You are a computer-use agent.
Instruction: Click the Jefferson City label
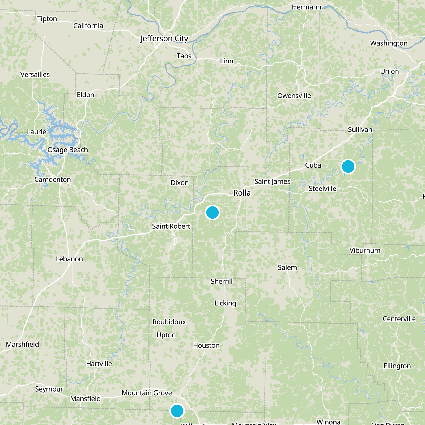pyautogui.click(x=164, y=39)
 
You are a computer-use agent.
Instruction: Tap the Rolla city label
pyautogui.click(x=242, y=193)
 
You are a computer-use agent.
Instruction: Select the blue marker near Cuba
pyautogui.click(x=348, y=167)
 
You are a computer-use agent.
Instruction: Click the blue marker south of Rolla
pyautogui.click(x=212, y=212)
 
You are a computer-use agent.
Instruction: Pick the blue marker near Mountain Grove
pyautogui.click(x=177, y=411)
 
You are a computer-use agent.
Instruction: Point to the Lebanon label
pyautogui.click(x=69, y=259)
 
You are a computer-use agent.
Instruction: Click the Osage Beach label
pyautogui.click(x=68, y=150)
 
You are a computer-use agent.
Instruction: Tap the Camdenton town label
pyautogui.click(x=53, y=180)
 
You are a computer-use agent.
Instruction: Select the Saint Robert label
pyautogui.click(x=171, y=226)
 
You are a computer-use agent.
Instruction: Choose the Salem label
pyautogui.click(x=287, y=267)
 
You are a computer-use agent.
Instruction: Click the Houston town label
pyautogui.click(x=206, y=345)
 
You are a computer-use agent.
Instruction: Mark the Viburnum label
pyautogui.click(x=365, y=250)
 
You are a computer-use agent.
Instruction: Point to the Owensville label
pyautogui.click(x=294, y=96)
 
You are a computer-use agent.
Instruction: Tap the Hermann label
pyautogui.click(x=307, y=7)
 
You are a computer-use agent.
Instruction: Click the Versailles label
pyautogui.click(x=35, y=75)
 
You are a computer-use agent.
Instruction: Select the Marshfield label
pyautogui.click(x=23, y=344)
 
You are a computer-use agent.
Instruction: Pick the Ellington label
pyautogui.click(x=397, y=366)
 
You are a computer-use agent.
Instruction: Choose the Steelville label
pyautogui.click(x=322, y=189)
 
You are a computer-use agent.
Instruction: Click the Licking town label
pyautogui.click(x=225, y=303)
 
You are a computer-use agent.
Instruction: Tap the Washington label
pyautogui.click(x=389, y=43)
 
